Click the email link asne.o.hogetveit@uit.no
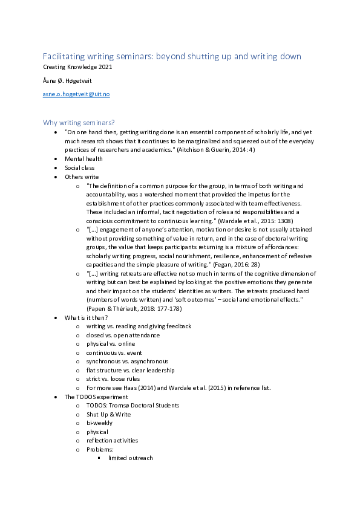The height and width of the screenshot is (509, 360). tap(76, 94)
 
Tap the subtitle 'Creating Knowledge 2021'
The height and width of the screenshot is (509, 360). tap(77, 66)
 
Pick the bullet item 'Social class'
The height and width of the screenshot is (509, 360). tap(80, 167)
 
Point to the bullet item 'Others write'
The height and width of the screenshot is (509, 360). tap(82, 177)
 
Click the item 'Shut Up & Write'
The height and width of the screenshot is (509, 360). tap(108, 414)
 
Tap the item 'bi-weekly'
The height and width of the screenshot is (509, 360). tap(99, 423)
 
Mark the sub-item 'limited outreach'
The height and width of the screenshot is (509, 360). tap(130, 458)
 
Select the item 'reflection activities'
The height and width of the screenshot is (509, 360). tap(112, 441)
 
